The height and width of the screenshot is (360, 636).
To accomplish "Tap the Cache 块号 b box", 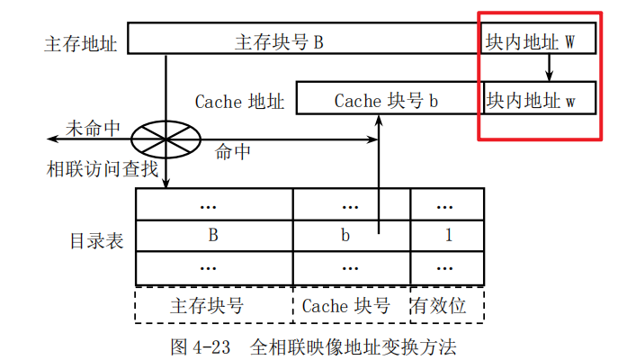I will coord(387,99).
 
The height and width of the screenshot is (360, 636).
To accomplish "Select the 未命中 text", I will coord(93,127).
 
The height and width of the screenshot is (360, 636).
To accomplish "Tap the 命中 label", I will coord(232,152).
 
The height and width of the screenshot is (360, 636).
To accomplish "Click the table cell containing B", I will coord(214,236).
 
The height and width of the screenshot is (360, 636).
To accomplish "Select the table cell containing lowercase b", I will coord(352,236).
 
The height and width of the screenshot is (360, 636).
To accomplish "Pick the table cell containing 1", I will coord(447,236).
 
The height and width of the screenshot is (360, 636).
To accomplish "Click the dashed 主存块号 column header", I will coord(214,305).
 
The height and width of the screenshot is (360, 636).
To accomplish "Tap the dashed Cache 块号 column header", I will coord(352,305).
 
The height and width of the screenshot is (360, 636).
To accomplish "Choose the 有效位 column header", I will coord(447,305).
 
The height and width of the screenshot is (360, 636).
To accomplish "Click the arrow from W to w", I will coord(550,68).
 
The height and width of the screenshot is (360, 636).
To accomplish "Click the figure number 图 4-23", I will coord(203,346).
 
